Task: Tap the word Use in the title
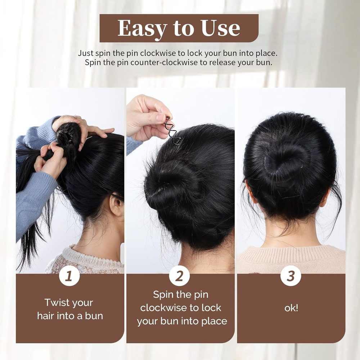point(220,28)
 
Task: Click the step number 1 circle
point(69,276)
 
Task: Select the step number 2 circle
point(180,276)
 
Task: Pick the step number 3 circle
point(291,276)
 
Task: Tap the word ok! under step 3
point(291,308)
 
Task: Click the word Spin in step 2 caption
point(162,295)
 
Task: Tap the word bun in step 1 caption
point(94,316)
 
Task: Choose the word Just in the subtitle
point(85,53)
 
